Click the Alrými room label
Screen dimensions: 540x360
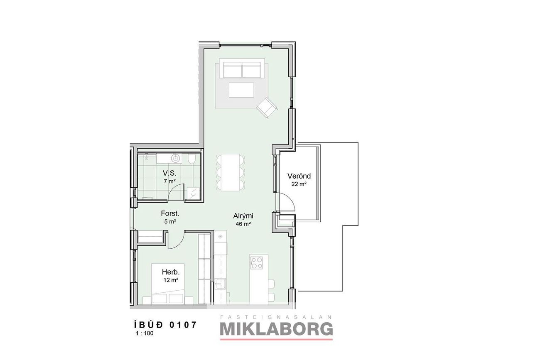click(243, 216)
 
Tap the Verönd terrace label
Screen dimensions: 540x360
click(299, 176)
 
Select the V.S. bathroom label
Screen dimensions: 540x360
click(169, 173)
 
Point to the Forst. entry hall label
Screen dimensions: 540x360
click(170, 213)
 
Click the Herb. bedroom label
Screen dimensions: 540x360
click(171, 272)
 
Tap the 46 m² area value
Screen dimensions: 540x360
click(243, 224)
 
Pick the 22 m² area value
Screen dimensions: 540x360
click(299, 184)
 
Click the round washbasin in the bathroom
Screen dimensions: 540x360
click(175, 159)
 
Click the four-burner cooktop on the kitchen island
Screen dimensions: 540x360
click(256, 263)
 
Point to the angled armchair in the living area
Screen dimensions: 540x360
click(267, 108)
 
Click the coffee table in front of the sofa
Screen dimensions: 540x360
click(241, 90)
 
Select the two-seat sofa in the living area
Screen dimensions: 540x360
click(242, 70)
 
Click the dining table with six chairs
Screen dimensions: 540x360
click(231, 173)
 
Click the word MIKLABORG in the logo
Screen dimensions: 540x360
click(276, 329)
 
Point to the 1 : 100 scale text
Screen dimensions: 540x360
click(145, 333)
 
